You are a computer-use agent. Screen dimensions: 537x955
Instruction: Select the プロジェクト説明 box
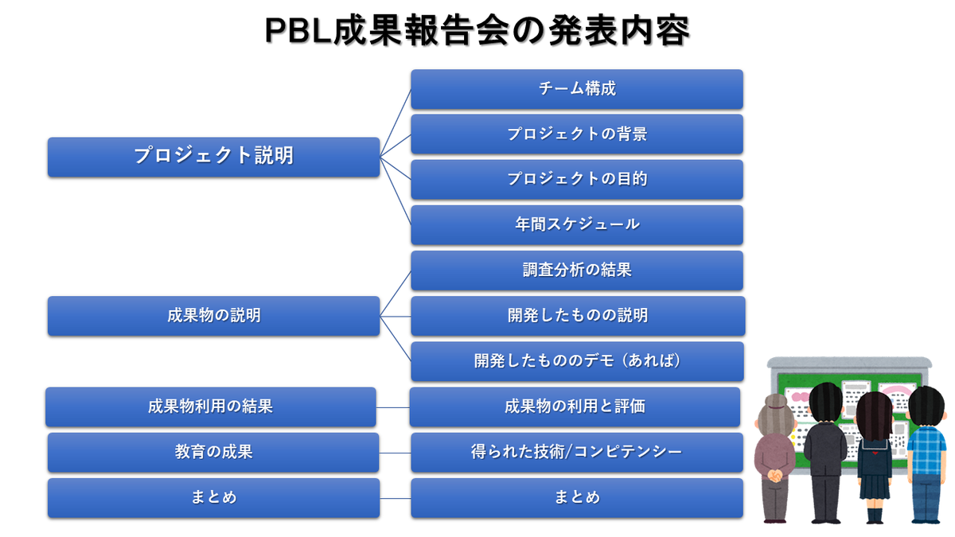tap(213, 156)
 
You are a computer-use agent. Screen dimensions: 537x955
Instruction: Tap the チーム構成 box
tap(577, 88)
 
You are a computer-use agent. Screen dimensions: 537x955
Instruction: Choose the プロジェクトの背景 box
tap(577, 134)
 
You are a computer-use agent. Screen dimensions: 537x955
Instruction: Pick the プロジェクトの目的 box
tap(577, 179)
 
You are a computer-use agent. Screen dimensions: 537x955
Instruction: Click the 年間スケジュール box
tap(577, 224)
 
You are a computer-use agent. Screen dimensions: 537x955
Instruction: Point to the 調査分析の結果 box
tap(577, 270)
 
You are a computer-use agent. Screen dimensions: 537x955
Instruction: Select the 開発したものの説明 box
tap(577, 315)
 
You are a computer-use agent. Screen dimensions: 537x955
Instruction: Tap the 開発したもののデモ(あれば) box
tap(577, 360)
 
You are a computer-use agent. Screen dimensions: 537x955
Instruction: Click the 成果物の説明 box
tap(213, 315)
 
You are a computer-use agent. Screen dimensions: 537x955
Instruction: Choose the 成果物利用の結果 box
tap(210, 407)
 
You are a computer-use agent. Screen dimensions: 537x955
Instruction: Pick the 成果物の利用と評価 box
tap(575, 407)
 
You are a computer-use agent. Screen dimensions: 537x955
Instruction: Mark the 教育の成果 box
tap(213, 452)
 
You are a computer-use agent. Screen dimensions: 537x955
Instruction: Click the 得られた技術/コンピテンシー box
tap(577, 452)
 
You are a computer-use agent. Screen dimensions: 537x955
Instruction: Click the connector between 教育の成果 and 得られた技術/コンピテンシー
tap(395, 452)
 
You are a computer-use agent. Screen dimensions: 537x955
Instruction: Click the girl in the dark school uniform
tap(875, 457)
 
